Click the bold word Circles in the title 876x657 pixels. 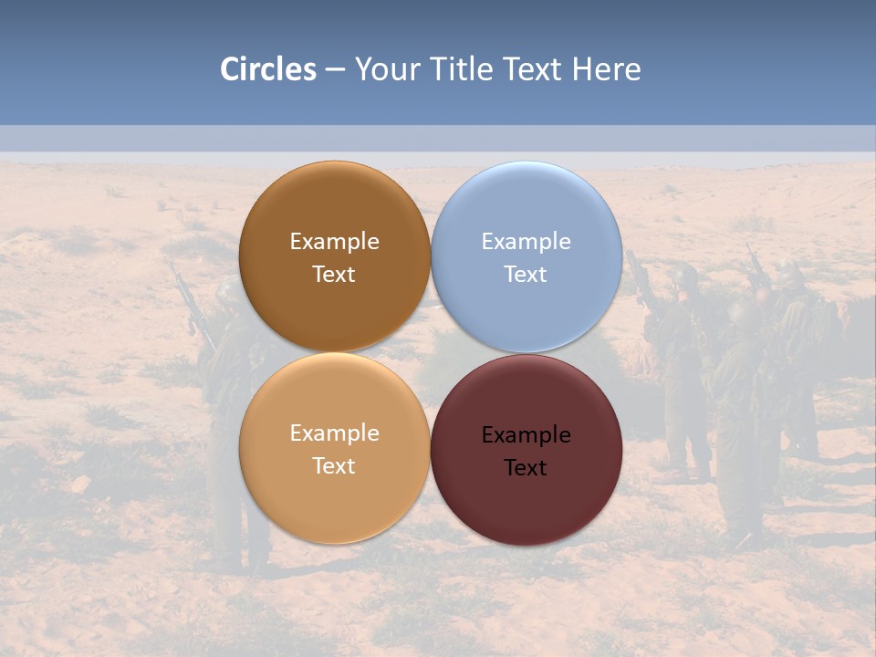click(x=268, y=69)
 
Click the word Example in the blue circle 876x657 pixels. click(x=526, y=242)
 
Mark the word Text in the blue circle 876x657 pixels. click(x=526, y=275)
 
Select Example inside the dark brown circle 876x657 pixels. click(x=334, y=242)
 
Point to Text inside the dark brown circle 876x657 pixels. click(x=334, y=275)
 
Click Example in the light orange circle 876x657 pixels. click(x=334, y=433)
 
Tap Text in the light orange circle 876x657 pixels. click(x=334, y=466)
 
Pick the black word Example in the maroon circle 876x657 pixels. click(x=526, y=435)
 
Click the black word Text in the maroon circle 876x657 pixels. click(x=526, y=468)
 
